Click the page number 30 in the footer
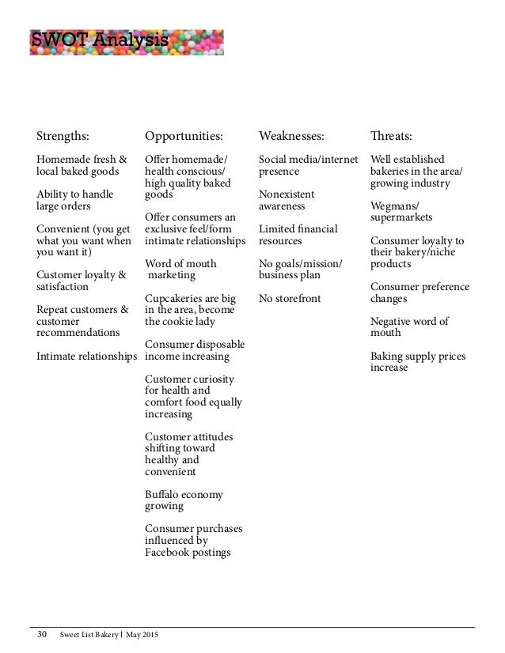(x=42, y=635)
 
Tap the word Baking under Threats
(x=387, y=357)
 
